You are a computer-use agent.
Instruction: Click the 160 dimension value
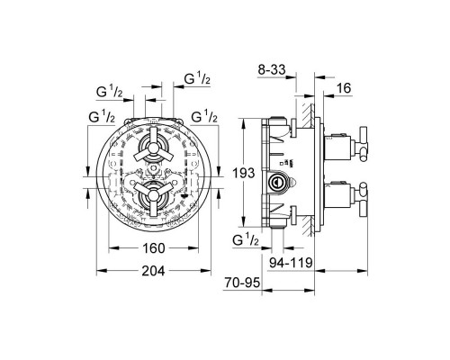pyautogui.click(x=154, y=248)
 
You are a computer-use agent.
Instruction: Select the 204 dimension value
pyautogui.click(x=153, y=271)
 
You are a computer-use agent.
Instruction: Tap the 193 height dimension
pyautogui.click(x=244, y=173)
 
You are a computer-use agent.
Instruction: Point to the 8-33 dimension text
pyautogui.click(x=272, y=70)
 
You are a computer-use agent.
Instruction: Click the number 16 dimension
pyautogui.click(x=344, y=88)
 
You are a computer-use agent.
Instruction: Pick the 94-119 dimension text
pyautogui.click(x=291, y=263)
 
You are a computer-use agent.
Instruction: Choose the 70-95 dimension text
pyautogui.click(x=242, y=283)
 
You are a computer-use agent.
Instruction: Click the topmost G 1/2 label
pyautogui.click(x=197, y=79)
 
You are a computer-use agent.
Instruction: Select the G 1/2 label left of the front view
pyautogui.click(x=102, y=117)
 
